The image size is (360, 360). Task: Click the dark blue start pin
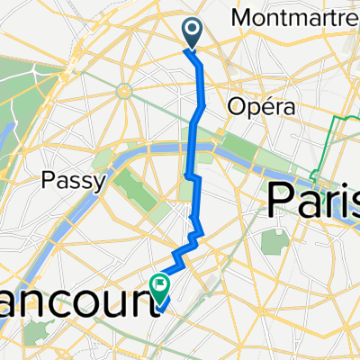coord(193,32)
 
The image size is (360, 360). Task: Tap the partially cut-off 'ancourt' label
coord(72,299)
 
